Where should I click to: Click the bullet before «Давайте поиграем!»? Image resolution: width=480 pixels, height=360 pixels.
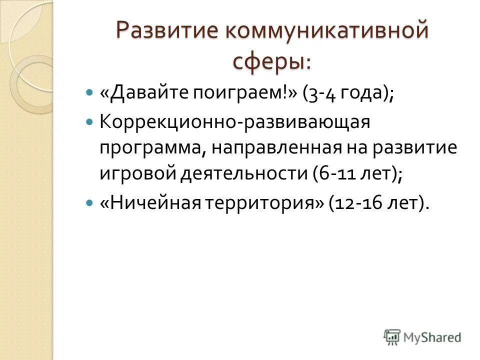(89, 93)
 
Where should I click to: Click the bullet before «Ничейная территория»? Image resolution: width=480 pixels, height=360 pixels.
(89, 203)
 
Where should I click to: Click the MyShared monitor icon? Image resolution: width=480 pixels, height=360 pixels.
(392, 337)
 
